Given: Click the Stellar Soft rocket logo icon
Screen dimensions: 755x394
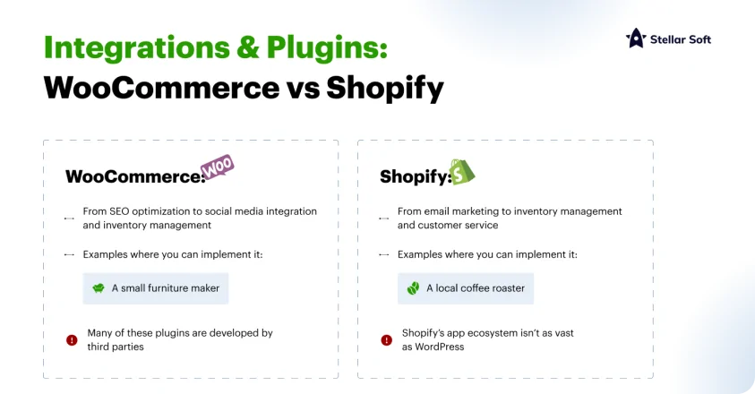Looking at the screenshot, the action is [636, 38].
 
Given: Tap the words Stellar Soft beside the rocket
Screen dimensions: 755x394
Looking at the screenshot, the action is [681, 39].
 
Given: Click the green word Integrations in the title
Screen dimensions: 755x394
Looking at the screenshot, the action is [137, 48].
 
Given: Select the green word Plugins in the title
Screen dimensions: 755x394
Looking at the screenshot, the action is [327, 48].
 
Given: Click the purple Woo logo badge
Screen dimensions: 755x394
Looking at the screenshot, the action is [217, 167].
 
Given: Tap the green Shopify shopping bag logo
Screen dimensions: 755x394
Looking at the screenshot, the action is [462, 172].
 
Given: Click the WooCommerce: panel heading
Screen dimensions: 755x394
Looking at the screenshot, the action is [136, 176].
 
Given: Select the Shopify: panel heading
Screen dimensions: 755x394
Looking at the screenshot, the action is [416, 176].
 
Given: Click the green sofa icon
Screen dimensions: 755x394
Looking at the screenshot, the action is [99, 288].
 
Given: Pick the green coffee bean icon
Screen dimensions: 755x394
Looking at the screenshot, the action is [413, 288].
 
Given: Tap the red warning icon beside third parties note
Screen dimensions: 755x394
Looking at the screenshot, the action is [72, 340].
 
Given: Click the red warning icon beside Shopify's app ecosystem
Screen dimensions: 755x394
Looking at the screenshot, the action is [387, 340].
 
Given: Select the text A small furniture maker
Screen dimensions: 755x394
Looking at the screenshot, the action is [166, 288].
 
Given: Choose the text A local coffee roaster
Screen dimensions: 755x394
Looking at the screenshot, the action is [476, 288].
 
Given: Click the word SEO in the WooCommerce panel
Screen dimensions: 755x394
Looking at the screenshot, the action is [119, 211].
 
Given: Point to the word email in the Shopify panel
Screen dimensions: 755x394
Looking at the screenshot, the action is [436, 211].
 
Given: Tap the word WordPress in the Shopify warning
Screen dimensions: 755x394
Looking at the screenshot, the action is [440, 347].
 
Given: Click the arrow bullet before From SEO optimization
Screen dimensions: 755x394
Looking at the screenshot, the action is [69, 218].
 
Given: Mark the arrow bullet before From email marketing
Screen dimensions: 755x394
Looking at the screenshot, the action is [383, 218].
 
